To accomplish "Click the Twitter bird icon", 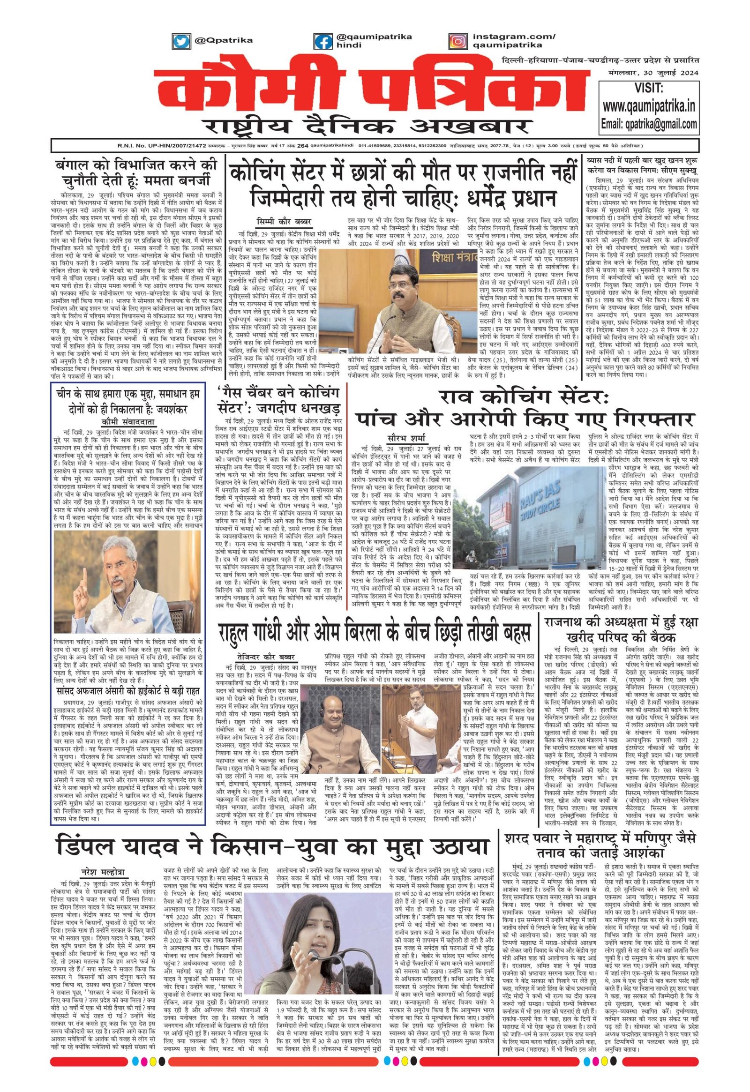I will pos(179,41).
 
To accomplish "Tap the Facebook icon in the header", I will pos(323,42).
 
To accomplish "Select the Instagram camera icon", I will pos(456,41).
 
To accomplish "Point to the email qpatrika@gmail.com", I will pos(649,124).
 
